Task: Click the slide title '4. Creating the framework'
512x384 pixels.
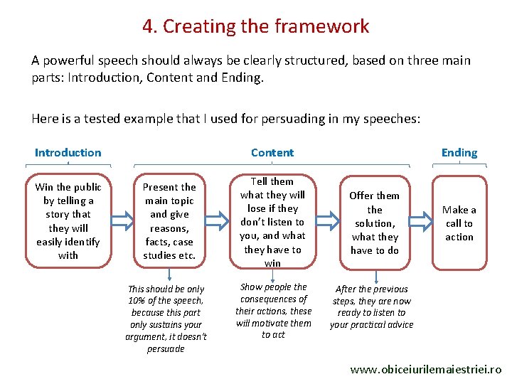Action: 255,26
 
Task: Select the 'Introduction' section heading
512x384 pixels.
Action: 68,152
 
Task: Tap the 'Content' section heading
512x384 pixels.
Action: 272,152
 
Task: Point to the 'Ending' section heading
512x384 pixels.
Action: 459,152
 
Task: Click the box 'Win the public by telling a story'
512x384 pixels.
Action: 68,220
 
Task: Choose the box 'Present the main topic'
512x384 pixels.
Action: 169,220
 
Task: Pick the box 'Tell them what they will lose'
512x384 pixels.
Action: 272,222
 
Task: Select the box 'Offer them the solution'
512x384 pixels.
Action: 374,223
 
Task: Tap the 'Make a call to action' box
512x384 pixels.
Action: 459,223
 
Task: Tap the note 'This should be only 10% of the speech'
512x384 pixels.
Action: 166,319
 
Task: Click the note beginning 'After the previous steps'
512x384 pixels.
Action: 371,306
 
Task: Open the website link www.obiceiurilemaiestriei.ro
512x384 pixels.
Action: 426,370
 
